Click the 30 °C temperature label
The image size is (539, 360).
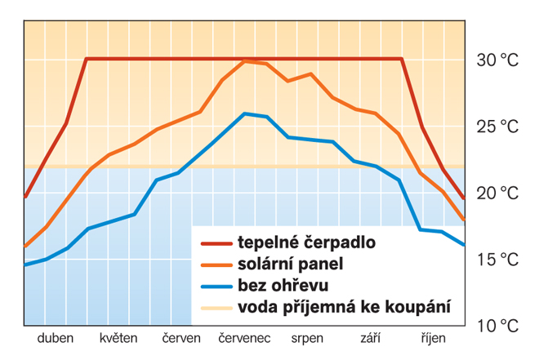(x=497, y=60)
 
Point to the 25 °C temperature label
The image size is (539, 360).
(x=497, y=127)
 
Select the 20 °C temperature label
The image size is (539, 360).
(x=497, y=193)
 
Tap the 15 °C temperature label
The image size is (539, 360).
(x=497, y=260)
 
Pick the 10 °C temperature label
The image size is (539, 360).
(x=497, y=326)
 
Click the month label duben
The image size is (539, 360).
(x=56, y=338)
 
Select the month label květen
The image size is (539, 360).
(x=118, y=338)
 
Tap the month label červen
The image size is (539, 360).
(x=181, y=338)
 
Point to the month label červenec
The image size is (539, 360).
(x=244, y=338)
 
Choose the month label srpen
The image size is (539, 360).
(x=307, y=338)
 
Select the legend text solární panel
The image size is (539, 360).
(x=291, y=264)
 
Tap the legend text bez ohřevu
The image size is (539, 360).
(x=283, y=286)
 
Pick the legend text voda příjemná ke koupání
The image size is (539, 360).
(x=344, y=308)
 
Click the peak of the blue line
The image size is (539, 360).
(x=245, y=113)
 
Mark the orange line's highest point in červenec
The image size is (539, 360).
(x=245, y=61)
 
